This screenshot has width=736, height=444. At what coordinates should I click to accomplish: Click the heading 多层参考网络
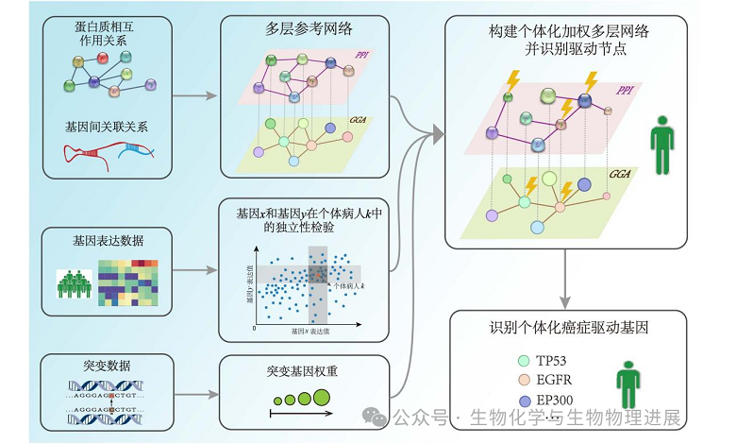click(x=306, y=28)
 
